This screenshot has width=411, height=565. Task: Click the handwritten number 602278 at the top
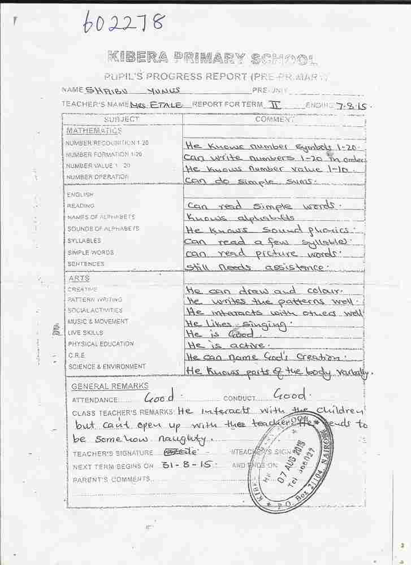(124, 23)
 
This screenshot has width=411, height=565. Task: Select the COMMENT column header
(274, 119)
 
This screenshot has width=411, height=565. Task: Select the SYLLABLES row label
(84, 241)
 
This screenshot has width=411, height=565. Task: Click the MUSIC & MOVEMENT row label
(97, 321)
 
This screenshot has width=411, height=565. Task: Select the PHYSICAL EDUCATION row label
(101, 344)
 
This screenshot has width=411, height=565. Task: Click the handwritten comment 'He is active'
(228, 345)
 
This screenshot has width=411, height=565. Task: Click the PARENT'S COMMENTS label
(111, 479)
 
